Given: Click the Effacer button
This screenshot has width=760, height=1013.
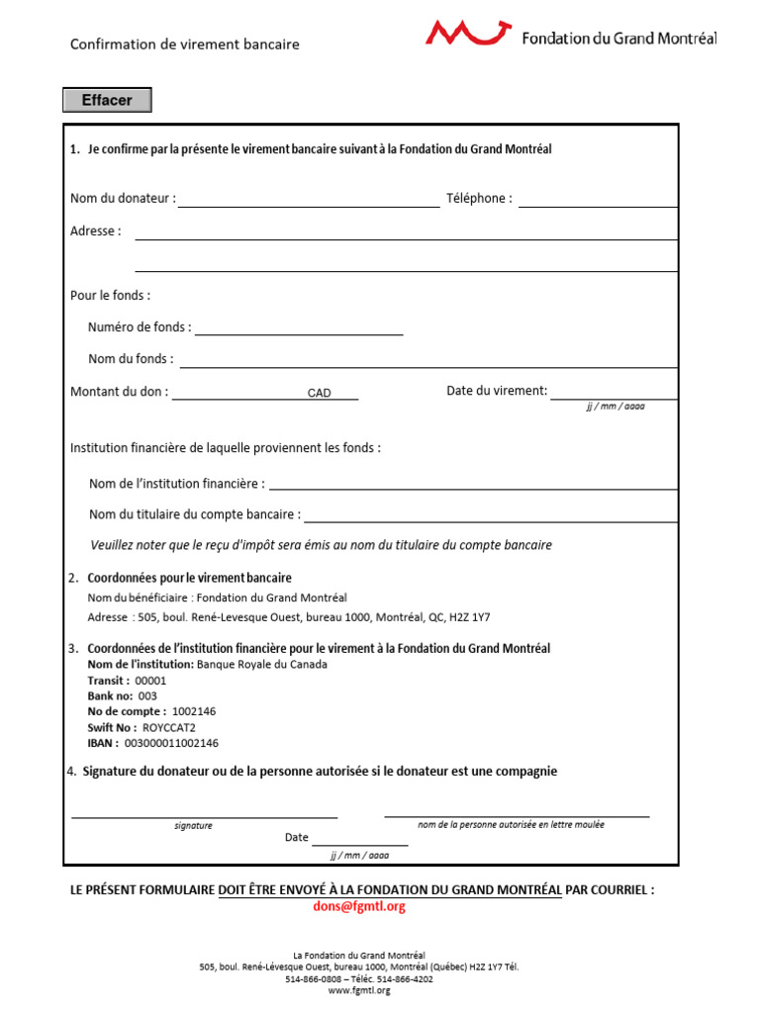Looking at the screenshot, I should click(x=107, y=100).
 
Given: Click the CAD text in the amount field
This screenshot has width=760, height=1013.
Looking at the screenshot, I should click(x=319, y=394).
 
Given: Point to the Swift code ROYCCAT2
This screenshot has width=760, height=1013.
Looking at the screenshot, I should click(x=169, y=727).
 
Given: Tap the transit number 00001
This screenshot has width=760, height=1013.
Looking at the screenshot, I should click(x=150, y=681).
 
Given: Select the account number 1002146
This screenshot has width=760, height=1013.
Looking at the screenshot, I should click(x=194, y=711).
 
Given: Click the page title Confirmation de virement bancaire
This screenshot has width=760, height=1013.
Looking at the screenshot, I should click(x=184, y=45).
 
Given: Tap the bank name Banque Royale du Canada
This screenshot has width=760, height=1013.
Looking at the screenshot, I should click(x=262, y=665).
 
